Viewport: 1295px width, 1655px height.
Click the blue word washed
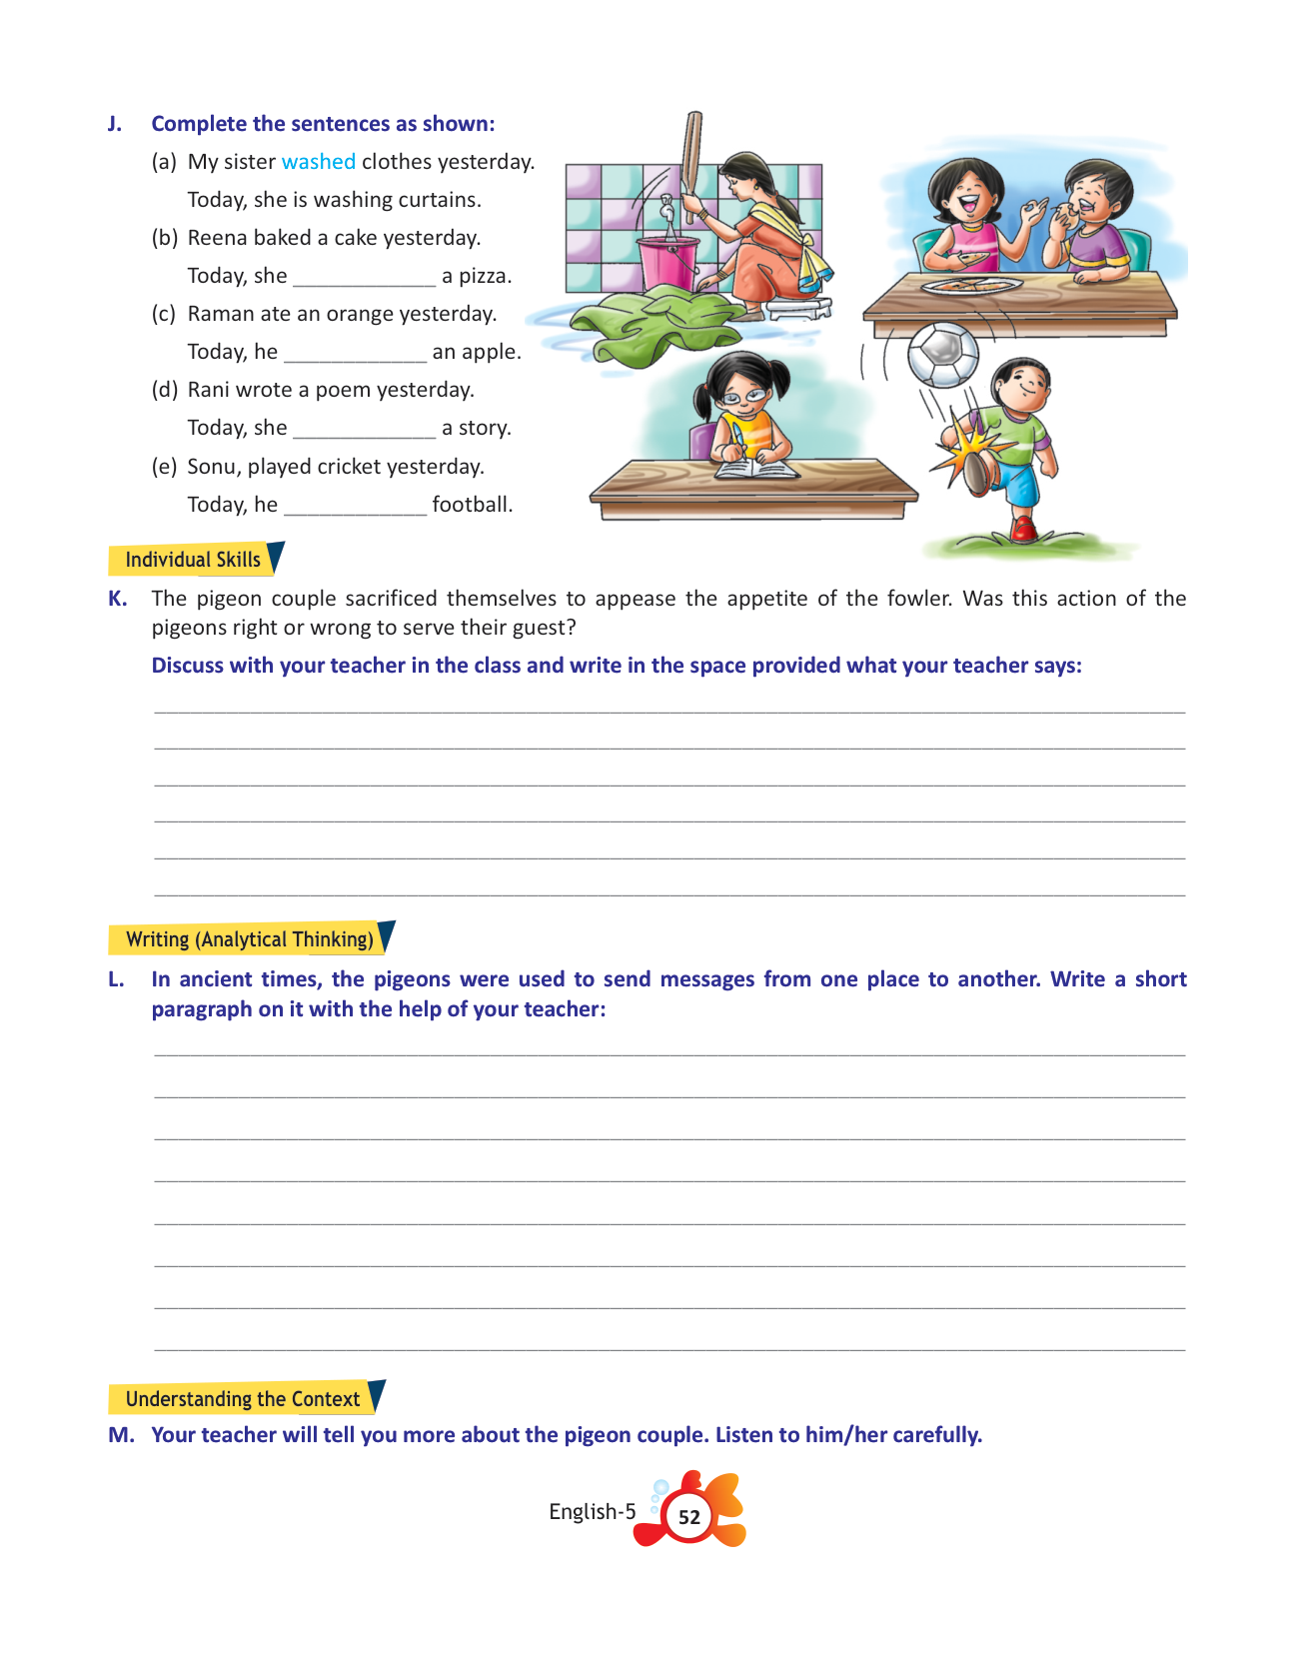(318, 162)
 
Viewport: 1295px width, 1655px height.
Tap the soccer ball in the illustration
(942, 354)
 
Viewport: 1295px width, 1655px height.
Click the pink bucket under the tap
(668, 261)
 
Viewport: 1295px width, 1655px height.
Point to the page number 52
(689, 1516)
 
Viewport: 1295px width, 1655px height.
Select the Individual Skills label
(193, 560)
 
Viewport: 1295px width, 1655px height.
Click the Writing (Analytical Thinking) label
(249, 939)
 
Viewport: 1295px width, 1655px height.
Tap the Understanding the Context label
(242, 1399)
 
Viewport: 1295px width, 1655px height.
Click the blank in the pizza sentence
(364, 278)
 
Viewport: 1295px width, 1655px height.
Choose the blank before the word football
(355, 507)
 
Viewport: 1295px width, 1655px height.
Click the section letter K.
(117, 599)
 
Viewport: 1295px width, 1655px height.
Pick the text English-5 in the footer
(592, 1511)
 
